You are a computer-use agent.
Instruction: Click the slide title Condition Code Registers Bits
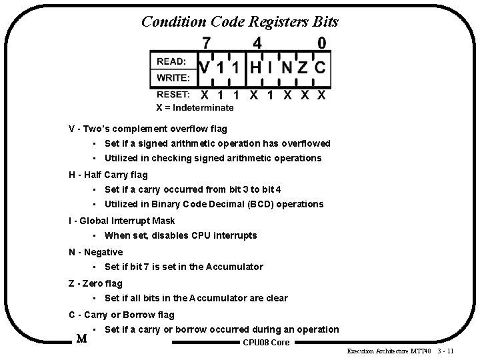(x=240, y=21)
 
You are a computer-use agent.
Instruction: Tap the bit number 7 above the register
(x=207, y=43)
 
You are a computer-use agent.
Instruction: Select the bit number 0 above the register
(x=321, y=43)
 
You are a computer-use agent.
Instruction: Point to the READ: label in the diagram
(x=171, y=61)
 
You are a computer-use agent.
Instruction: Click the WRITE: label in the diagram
(x=173, y=78)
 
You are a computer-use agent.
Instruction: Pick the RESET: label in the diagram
(x=173, y=95)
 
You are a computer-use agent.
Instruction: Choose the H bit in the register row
(x=256, y=68)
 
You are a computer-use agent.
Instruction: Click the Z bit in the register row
(x=303, y=68)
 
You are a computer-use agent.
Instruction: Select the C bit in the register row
(x=320, y=68)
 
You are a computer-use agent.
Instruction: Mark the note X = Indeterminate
(x=195, y=107)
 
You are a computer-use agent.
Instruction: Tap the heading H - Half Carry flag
(x=108, y=175)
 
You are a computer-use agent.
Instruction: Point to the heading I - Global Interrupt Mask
(x=122, y=221)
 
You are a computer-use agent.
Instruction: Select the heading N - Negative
(x=96, y=252)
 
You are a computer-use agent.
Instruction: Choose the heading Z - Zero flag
(x=96, y=283)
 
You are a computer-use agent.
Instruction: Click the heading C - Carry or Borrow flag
(x=121, y=315)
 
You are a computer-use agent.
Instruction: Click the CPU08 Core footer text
(x=267, y=343)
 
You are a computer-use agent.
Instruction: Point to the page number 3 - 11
(x=446, y=351)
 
